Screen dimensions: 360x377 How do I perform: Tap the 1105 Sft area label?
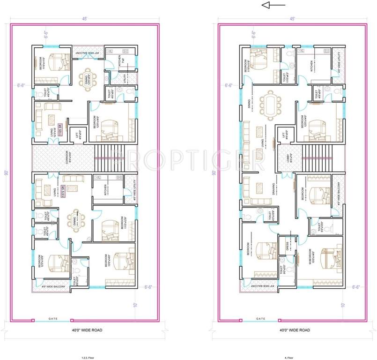pos(60,129)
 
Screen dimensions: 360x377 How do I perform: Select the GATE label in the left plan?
pos(52,319)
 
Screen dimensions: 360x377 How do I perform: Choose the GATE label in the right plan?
pos(260,319)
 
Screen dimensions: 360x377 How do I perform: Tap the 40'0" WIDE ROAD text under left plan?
pos(85,330)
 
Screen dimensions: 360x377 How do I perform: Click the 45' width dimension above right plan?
pos(292,19)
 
